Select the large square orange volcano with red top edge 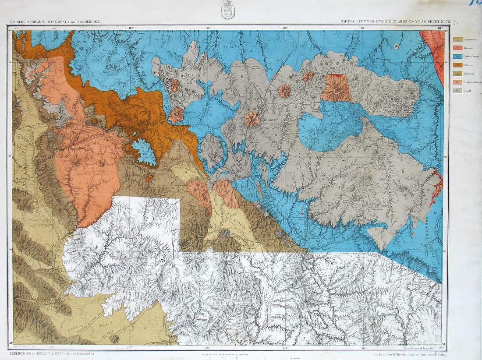(x=337, y=88)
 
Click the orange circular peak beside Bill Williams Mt (x=252, y=119)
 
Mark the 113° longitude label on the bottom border (x=130, y=347)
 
